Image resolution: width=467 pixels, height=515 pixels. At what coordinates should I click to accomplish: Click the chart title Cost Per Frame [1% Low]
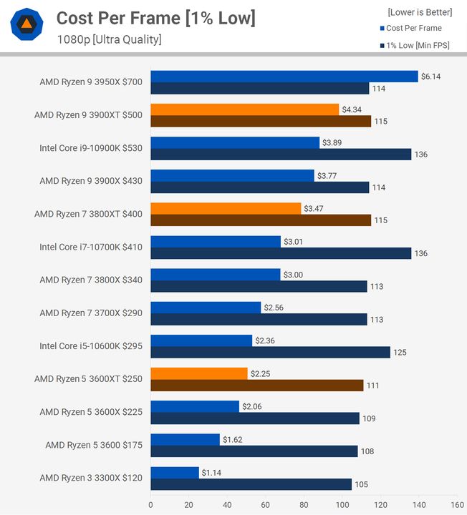pos(155,18)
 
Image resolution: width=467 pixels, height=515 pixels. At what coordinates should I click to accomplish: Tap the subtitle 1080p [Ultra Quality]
pos(109,39)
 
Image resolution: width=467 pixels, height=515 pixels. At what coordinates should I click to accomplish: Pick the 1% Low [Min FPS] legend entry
pos(414,46)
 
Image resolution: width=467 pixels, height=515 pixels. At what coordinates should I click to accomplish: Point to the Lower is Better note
pos(420,12)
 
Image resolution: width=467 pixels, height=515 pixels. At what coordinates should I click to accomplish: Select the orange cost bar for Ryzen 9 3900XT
pos(244,109)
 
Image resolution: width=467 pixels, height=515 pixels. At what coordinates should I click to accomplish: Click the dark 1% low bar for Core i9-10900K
pos(281,154)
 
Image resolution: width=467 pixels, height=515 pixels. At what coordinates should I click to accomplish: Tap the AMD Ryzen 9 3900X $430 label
pos(91,181)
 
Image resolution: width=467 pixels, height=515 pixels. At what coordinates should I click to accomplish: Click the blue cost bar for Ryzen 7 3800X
pos(215,275)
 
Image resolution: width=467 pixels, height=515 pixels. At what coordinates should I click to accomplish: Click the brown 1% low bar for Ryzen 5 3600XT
pos(256,386)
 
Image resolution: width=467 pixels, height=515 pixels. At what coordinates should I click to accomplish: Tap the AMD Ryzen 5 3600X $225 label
pos(91,412)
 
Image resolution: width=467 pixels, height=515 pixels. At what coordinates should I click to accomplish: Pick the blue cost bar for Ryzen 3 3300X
pos(174,473)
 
